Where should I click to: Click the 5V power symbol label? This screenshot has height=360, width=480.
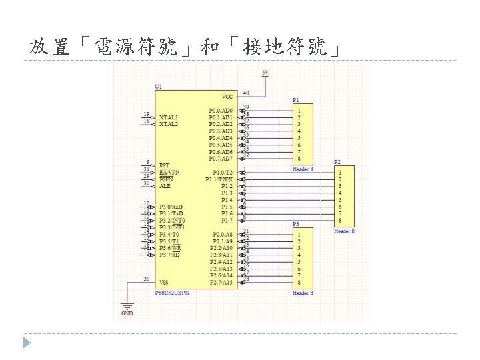pos(265,72)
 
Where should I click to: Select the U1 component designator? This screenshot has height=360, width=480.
pos(158,86)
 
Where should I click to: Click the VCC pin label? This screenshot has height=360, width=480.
pos(227,97)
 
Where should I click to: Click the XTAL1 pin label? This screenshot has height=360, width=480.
pos(169,117)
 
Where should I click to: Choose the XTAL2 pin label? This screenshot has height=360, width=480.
pos(169,124)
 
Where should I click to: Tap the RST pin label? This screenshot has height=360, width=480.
pos(164,165)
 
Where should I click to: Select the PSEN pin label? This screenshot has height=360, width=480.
pos(166,179)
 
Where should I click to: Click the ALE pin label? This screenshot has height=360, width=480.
pos(165,186)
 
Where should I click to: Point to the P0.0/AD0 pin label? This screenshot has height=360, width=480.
pos(220,111)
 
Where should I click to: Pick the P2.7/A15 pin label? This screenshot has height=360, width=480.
pos(221,283)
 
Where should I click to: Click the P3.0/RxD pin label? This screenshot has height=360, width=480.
pos(171,207)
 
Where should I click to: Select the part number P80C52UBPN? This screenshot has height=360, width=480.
pos(172,293)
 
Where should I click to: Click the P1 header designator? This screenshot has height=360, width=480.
pos(296,100)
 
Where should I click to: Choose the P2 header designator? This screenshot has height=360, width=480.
pos(337,162)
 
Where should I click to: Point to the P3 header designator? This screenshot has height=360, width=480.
pos(296,224)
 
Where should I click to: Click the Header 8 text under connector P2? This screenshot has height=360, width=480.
pos(344,231)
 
